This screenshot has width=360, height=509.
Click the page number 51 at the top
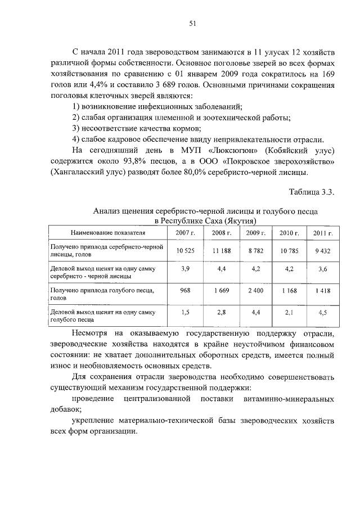tap(191, 23)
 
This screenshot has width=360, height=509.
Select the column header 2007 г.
tap(185, 232)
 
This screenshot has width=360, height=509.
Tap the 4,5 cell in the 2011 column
tap(322, 312)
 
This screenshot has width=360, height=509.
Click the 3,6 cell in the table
tap(322, 269)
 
